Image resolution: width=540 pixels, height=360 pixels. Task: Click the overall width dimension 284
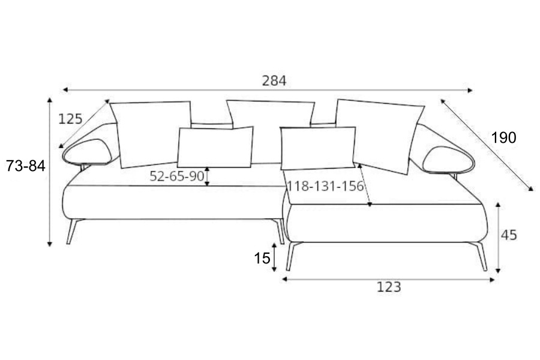point(274,80)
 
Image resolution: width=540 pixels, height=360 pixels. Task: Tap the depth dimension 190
point(503,138)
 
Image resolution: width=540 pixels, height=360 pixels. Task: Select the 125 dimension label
point(70,119)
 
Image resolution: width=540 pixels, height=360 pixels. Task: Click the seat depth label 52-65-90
point(177,176)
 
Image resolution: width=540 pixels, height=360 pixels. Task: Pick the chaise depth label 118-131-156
point(325,186)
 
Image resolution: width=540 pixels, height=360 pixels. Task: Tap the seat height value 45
point(509,235)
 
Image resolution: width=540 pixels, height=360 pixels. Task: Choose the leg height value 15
point(262,259)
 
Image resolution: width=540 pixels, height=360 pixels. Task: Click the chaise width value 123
point(389,287)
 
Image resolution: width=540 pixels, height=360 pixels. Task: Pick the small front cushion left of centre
point(215,147)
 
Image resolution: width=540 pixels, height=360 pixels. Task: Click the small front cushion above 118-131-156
point(318,147)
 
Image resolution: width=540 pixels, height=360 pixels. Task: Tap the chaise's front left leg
point(292,256)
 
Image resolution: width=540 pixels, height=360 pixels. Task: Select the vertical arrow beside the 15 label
point(275,259)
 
